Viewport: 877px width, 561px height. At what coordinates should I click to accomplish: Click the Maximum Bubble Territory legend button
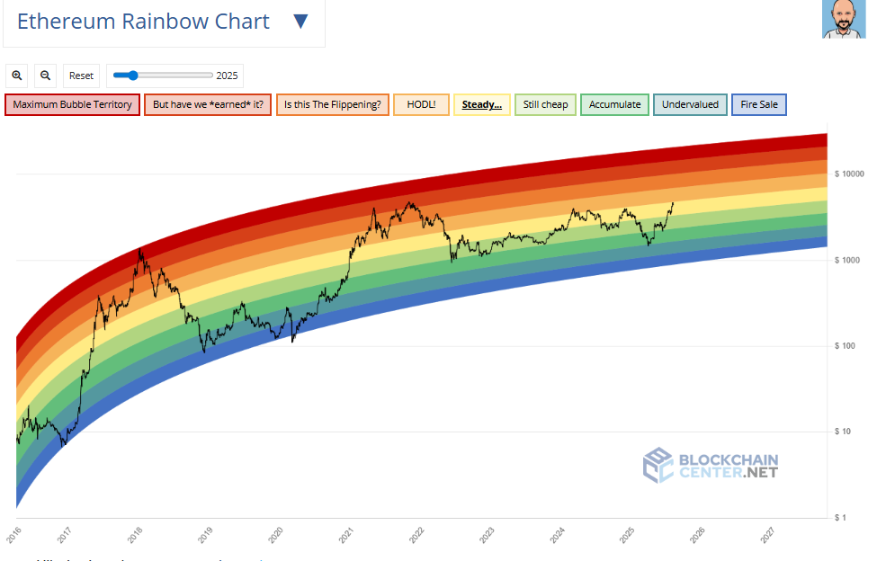72,104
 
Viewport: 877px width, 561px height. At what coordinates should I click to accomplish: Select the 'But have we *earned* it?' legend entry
208,104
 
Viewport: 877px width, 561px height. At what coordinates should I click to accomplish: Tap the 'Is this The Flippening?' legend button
333,104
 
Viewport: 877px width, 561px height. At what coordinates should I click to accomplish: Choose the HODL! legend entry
421,104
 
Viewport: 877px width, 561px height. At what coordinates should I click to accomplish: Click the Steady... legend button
482,104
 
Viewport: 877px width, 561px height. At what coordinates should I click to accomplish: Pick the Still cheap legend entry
546,104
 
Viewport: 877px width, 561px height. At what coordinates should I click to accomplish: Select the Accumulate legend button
615,104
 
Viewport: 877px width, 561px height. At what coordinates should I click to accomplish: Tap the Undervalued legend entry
690,104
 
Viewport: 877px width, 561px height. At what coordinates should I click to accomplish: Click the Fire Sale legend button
760,104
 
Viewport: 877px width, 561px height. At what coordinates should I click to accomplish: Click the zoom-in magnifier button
17,76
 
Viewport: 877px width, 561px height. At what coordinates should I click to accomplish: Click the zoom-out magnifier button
46,76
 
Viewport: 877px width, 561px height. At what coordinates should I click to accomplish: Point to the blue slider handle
132,76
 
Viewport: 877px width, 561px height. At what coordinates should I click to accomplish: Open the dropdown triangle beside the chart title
301,22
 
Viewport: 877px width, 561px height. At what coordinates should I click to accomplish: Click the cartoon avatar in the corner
843,20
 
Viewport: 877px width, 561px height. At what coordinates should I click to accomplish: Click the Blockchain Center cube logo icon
658,465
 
